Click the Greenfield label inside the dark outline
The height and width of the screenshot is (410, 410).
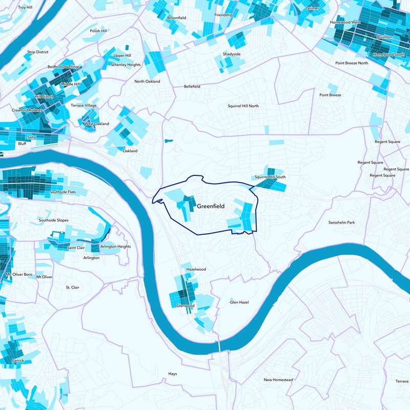click(x=211, y=206)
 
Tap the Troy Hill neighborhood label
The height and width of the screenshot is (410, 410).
click(x=25, y=7)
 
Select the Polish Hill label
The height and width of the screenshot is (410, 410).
click(x=98, y=31)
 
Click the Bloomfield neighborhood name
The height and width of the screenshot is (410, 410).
click(x=177, y=17)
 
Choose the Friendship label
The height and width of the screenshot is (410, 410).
click(x=223, y=15)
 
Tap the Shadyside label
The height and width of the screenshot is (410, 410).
click(x=232, y=54)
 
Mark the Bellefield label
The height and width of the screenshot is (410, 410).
click(x=192, y=87)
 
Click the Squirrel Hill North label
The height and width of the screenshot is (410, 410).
click(x=243, y=106)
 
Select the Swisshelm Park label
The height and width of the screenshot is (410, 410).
click(x=341, y=222)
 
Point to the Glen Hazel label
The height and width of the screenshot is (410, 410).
click(x=239, y=302)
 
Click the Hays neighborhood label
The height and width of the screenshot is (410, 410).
click(x=173, y=374)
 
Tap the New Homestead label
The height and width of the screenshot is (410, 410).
click(x=278, y=380)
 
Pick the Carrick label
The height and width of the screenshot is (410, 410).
click(x=18, y=360)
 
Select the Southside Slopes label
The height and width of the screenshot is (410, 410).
click(x=53, y=220)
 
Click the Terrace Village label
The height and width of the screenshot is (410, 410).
click(x=84, y=106)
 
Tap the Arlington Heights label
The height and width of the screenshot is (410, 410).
click(x=115, y=247)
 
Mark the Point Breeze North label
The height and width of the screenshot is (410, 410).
click(x=352, y=63)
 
